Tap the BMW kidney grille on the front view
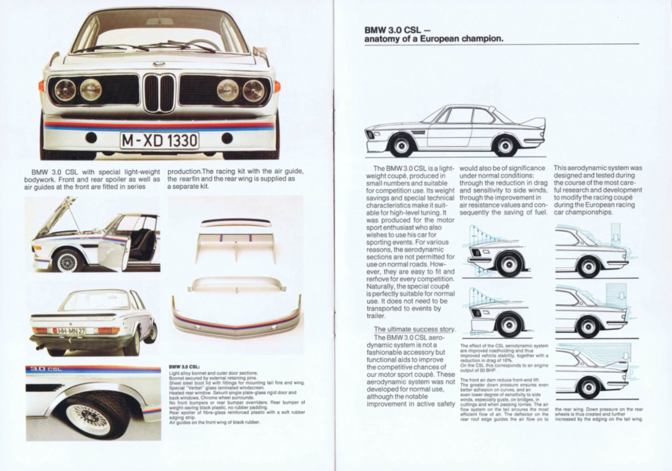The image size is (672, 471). (159, 93)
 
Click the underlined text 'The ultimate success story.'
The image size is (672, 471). (414, 329)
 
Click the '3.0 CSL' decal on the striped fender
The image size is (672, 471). (44, 369)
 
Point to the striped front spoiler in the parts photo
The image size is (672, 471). (235, 319)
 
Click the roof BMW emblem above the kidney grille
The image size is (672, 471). (159, 64)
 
